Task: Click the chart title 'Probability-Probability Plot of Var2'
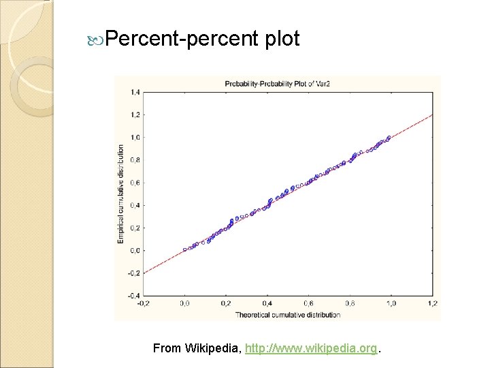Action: [277, 84]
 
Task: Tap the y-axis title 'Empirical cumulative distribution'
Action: [121, 193]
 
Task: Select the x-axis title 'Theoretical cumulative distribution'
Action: [287, 314]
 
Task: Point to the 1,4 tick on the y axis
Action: [135, 92]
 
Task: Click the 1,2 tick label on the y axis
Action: [135, 114]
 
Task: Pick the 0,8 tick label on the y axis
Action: [135, 159]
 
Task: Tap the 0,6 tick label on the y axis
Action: [135, 183]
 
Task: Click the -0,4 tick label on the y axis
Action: [135, 296]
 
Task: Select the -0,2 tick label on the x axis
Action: [144, 303]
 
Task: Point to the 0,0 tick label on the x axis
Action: [184, 303]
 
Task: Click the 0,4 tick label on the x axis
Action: [267, 303]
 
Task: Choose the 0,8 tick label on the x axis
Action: [349, 303]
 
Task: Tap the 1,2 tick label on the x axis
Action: [431, 303]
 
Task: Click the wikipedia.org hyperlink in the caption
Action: [311, 348]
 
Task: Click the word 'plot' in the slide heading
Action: [279, 39]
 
